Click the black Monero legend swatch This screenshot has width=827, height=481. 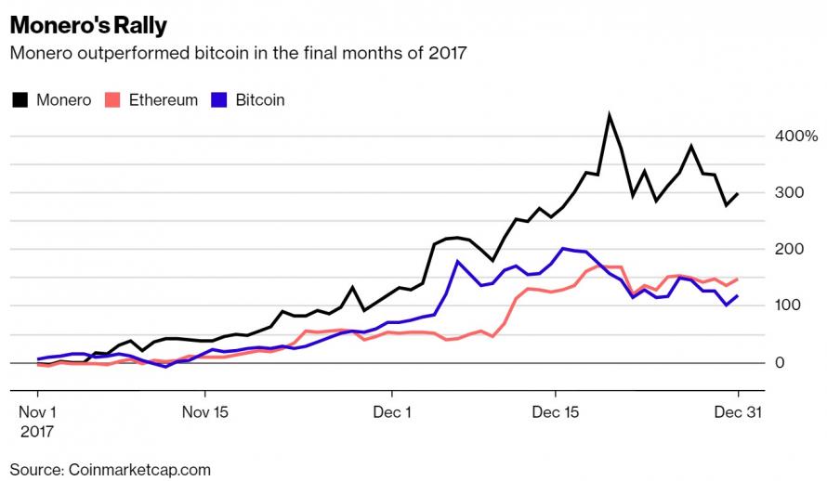pyautogui.click(x=20, y=99)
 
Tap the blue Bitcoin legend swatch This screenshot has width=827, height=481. pyautogui.click(x=220, y=99)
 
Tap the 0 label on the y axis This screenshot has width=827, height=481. pyautogui.click(x=781, y=362)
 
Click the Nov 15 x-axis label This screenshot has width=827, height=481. pyautogui.click(x=204, y=411)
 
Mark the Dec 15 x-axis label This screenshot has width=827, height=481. pyautogui.click(x=557, y=411)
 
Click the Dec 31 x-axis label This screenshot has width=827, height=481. pyautogui.click(x=738, y=411)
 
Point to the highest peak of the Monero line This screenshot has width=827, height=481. pyautogui.click(x=609, y=116)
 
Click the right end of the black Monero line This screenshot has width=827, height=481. pyautogui.click(x=738, y=193)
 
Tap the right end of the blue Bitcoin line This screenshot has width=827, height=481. pyautogui.click(x=738, y=296)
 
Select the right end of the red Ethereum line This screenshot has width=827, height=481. pyautogui.click(x=738, y=279)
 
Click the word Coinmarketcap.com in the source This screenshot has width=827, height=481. pyautogui.click(x=139, y=469)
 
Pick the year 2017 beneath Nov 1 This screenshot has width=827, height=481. pyautogui.click(x=37, y=432)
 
